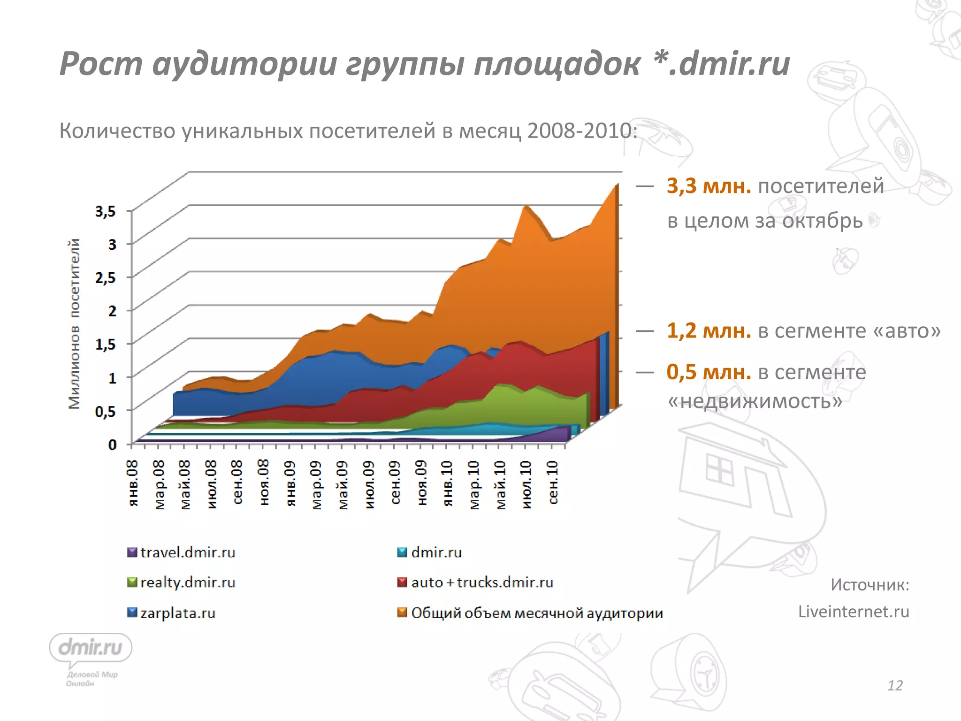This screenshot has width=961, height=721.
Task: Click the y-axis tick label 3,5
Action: tap(106, 211)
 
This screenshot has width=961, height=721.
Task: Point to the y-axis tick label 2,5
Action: tap(106, 278)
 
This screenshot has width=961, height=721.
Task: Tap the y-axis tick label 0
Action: tap(112, 445)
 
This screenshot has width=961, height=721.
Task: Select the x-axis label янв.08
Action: tap(133, 483)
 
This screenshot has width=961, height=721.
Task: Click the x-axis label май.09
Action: tap(343, 485)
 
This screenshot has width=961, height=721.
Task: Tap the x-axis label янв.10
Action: tap(448, 483)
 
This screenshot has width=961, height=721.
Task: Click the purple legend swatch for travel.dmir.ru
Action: tap(132, 552)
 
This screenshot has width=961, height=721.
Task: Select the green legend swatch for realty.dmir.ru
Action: tap(132, 583)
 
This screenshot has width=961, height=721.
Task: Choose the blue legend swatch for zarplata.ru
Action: tap(132, 613)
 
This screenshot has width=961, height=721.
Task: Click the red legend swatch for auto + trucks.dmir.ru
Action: tap(402, 583)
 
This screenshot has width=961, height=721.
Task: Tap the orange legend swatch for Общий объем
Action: tap(402, 613)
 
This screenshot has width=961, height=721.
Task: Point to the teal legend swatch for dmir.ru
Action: tap(402, 552)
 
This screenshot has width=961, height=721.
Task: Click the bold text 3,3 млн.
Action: tap(709, 186)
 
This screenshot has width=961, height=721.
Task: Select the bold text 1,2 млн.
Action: tap(709, 331)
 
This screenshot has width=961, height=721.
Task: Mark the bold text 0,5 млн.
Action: tap(709, 372)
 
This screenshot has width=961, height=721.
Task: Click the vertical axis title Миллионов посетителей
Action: tap(74, 324)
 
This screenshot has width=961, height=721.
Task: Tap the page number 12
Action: tap(895, 686)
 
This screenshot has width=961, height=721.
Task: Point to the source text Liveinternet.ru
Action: tap(854, 612)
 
